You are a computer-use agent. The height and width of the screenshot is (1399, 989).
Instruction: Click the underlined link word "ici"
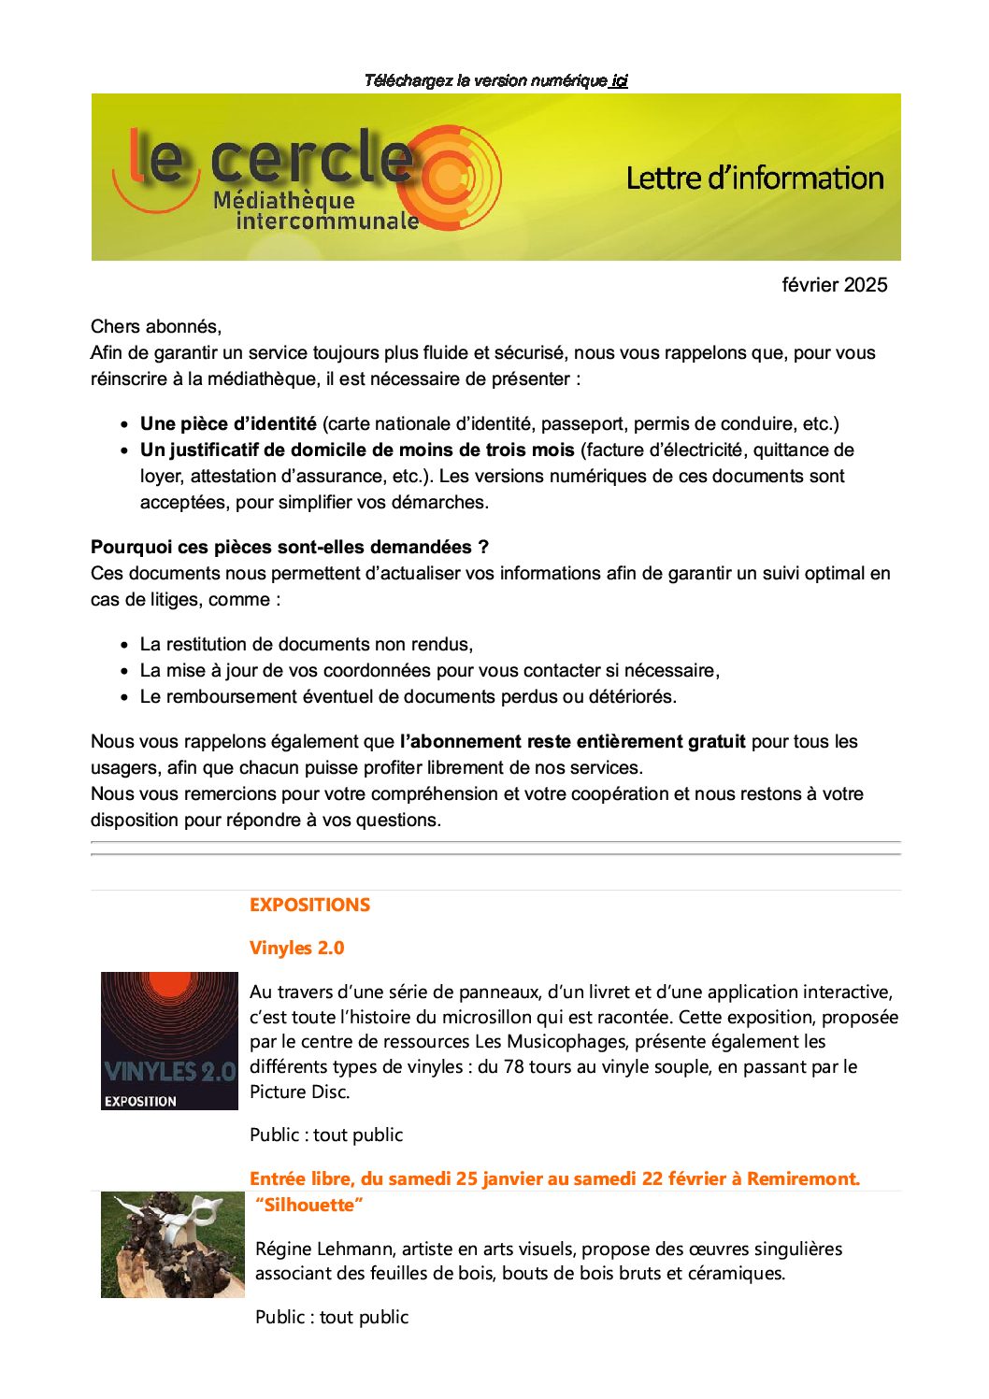coord(619,80)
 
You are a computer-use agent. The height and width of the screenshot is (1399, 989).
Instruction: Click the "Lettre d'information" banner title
coord(754,178)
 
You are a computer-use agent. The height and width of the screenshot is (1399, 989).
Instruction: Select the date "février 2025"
coord(834,285)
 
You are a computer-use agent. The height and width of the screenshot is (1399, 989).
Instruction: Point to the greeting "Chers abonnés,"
coord(156,326)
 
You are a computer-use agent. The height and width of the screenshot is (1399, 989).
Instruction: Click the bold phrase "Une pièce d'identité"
coord(228,423)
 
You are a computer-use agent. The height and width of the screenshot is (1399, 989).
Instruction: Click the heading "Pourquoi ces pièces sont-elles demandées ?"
coord(290,547)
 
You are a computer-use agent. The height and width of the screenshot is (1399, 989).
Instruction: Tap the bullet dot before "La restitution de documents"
coord(124,645)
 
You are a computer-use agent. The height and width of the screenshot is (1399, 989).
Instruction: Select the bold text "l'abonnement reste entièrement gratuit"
coord(572,741)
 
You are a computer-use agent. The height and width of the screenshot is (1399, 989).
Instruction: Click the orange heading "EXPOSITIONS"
coord(309,905)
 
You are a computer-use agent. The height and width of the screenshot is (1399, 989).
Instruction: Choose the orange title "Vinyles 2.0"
coord(296,948)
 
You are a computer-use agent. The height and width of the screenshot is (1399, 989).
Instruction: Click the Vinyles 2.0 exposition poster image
coord(169,1040)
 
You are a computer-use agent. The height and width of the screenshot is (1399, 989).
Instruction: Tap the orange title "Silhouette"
coord(308,1205)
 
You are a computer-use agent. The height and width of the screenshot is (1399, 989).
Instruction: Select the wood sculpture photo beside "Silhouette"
coord(172,1244)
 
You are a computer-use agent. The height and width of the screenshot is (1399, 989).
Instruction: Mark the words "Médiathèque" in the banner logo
coord(284,200)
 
